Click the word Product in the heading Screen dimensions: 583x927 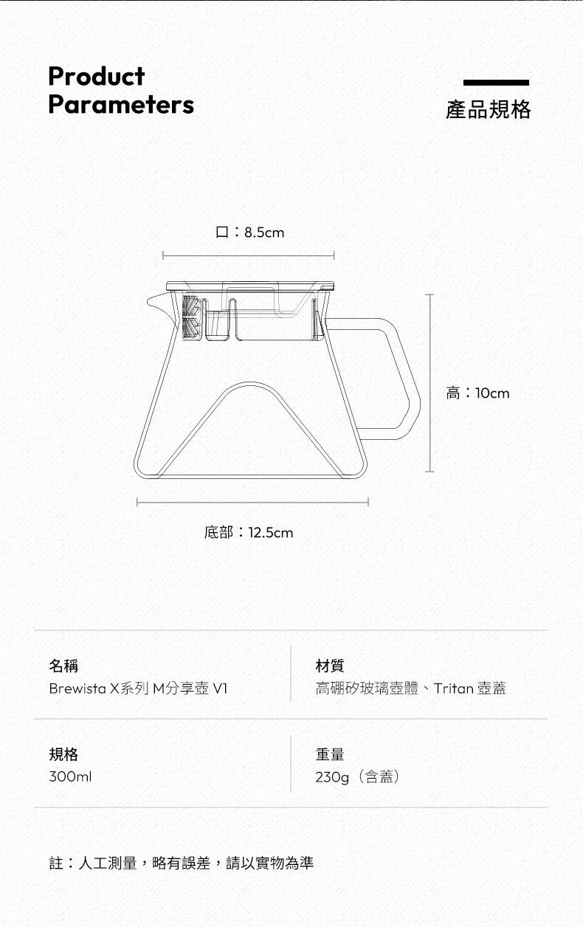96,76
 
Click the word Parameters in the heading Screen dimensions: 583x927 121,105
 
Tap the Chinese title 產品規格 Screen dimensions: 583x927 488,110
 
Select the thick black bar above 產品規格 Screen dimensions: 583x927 496,83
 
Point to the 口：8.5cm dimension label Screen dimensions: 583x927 249,232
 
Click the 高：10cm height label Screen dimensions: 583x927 477,393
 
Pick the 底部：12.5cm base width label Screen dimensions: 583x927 248,532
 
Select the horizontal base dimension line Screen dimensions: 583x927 252,503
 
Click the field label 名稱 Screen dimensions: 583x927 63,666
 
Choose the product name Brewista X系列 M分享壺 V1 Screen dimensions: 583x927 139,689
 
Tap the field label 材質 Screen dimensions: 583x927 330,666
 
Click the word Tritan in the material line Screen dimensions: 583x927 453,689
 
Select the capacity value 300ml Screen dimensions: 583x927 70,777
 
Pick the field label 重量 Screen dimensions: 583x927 330,754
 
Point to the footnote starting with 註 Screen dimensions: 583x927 182,863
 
